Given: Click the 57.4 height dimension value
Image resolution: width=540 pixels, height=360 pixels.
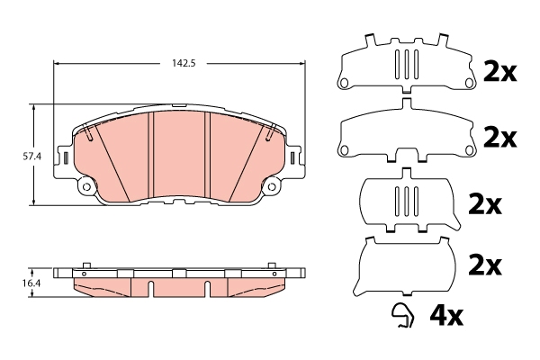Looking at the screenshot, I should click(32, 156).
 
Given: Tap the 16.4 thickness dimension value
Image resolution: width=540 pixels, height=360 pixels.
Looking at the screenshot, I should click(31, 283).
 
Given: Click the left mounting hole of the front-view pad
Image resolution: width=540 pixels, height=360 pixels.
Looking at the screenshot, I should click(87, 188).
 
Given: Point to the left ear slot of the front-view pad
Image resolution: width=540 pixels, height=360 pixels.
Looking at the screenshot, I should click(67, 158).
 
